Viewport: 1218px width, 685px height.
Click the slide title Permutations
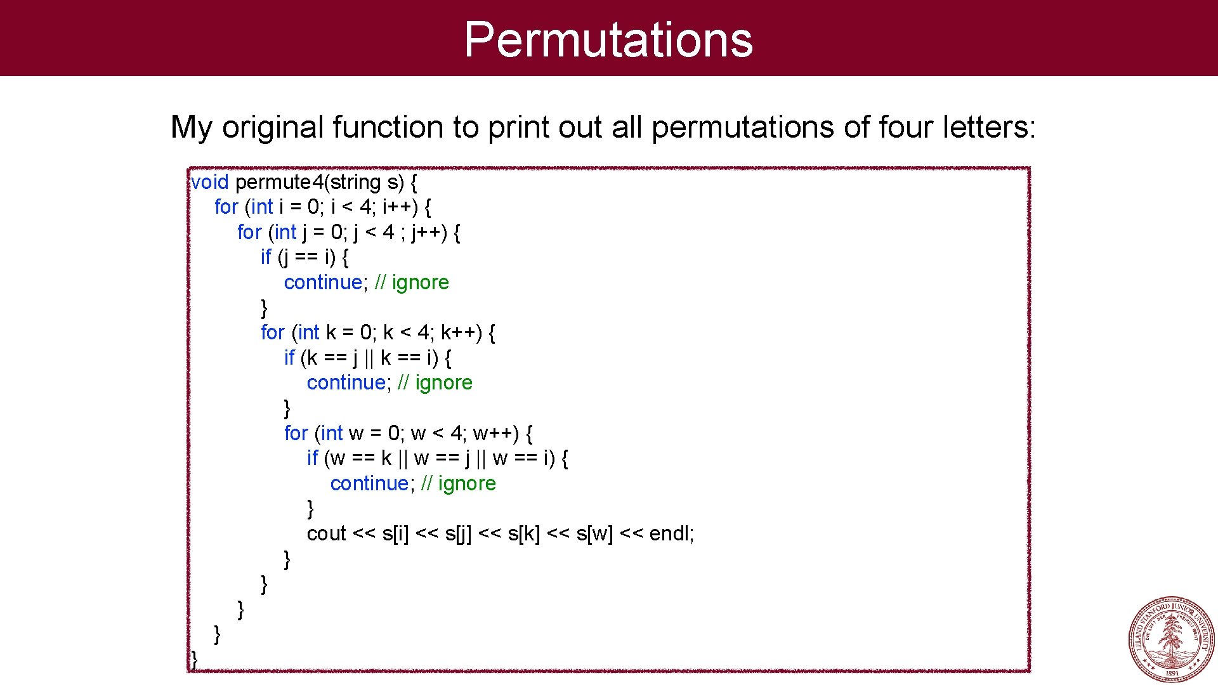coord(608,39)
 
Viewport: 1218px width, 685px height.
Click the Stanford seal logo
coord(1171,638)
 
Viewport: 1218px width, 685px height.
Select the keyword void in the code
coord(209,183)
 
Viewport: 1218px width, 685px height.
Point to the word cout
coord(326,533)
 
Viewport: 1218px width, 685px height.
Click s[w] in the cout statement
coord(594,533)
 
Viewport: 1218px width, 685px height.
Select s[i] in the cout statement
coord(396,533)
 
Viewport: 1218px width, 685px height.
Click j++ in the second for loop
coord(426,233)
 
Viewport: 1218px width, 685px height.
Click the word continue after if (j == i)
coord(323,282)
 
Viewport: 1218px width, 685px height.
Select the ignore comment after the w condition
coord(467,483)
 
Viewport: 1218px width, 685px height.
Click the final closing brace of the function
coord(194,659)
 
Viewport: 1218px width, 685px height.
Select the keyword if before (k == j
coord(289,358)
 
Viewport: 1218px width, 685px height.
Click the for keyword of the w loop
coord(296,433)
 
